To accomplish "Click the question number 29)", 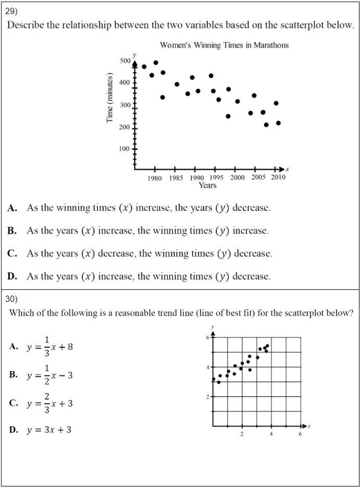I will (x=11, y=10).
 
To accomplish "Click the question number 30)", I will (x=11, y=299).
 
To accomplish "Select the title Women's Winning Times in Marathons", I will (x=224, y=45).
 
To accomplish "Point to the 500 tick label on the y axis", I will (x=125, y=61).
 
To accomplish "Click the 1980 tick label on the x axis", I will (x=154, y=177).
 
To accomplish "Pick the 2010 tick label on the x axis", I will (x=278, y=177).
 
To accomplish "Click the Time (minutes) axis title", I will (x=110, y=99).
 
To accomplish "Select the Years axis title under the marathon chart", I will (x=207, y=185).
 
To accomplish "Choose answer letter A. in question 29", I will (x=13, y=208).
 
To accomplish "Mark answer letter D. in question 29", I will (x=13, y=276).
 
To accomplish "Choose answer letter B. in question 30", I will (x=13, y=374).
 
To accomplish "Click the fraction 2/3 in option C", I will (x=47, y=403).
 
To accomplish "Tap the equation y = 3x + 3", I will (x=49, y=430).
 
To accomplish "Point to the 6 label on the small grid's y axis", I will (x=207, y=338).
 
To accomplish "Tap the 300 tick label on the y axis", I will (x=125, y=105).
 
